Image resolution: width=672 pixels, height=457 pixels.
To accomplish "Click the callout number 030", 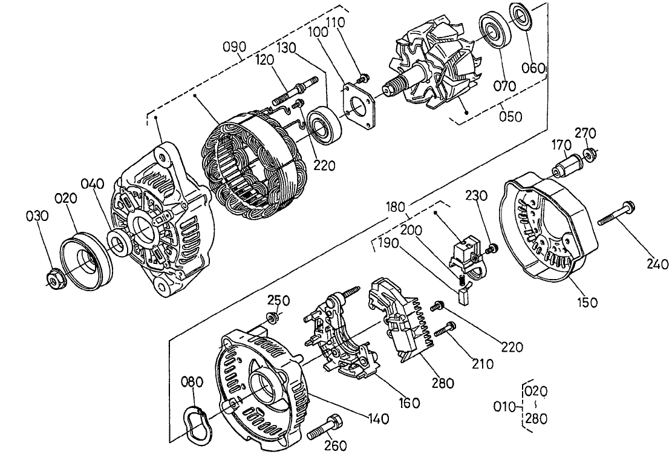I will pyautogui.click(x=34, y=217).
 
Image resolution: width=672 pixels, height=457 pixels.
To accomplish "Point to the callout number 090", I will pyautogui.click(x=235, y=47).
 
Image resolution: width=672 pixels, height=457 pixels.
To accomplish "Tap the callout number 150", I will pyautogui.click(x=586, y=302).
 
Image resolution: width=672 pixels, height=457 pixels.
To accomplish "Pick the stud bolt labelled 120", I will pyautogui.click(x=294, y=90).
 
